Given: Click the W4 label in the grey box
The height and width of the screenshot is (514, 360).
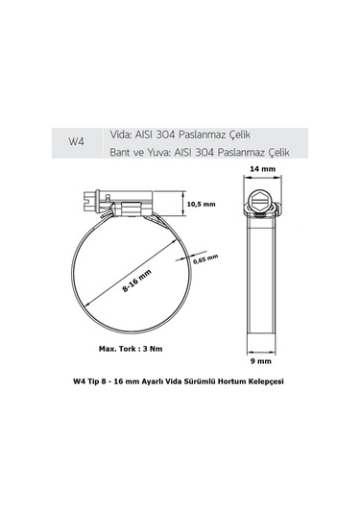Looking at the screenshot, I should click(76, 141).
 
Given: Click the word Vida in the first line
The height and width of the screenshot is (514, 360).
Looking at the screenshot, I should click(125, 134).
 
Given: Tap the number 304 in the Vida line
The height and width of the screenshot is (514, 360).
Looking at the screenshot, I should click(187, 134).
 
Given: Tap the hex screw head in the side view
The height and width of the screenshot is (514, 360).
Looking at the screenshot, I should click(260, 205).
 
